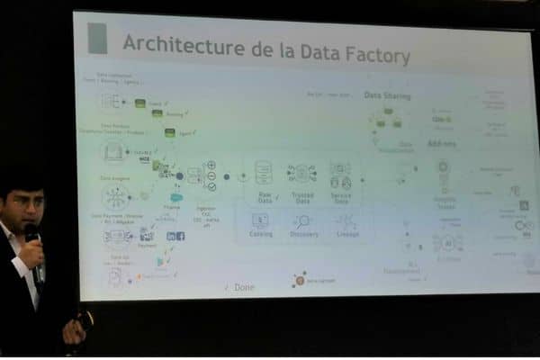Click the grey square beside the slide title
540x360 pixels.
click(x=97, y=39)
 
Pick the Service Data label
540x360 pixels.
click(x=340, y=196)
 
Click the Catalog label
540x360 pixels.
click(x=261, y=234)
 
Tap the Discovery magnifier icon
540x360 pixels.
click(x=301, y=220)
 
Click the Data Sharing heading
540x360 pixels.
click(x=387, y=94)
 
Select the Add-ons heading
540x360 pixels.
click(x=441, y=143)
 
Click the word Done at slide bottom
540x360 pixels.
click(x=242, y=287)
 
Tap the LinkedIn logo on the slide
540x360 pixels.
click(x=171, y=236)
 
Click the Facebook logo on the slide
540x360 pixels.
click(x=181, y=236)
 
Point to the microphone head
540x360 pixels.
click(x=31, y=233)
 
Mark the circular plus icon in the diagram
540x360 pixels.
click(x=211, y=166)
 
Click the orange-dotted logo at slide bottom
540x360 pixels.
click(x=299, y=280)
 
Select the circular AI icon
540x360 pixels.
click(x=447, y=243)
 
